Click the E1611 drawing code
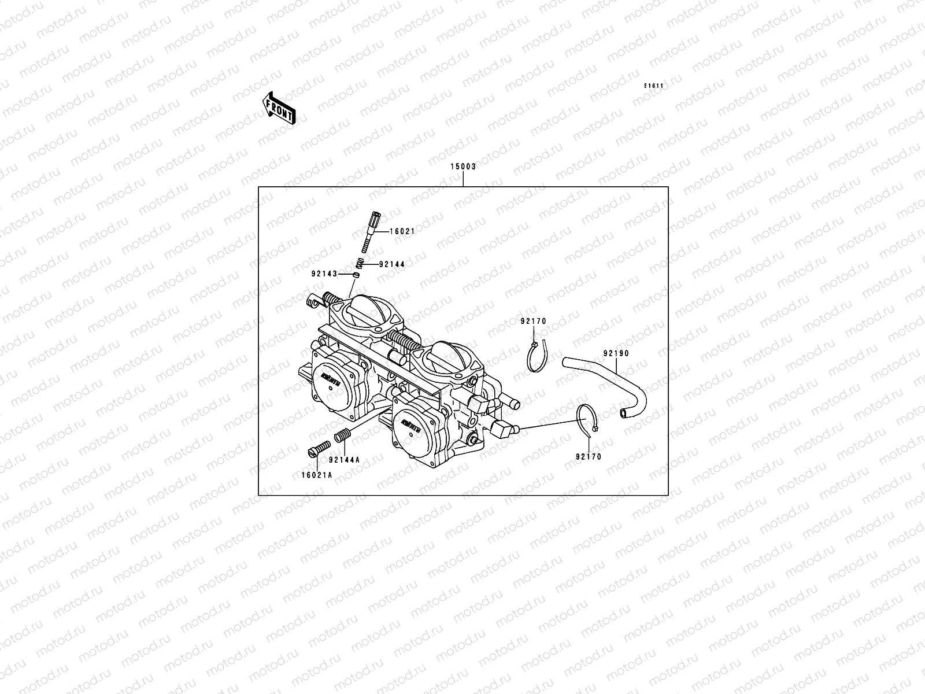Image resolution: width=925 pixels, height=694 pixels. [x=654, y=86]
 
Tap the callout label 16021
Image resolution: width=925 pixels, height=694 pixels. [x=402, y=231]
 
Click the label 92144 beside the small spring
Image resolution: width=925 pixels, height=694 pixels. [x=391, y=264]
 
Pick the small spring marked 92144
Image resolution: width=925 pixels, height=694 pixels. [x=359, y=264]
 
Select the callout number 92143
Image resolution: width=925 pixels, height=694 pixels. [x=324, y=274]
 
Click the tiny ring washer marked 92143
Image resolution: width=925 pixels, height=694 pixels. [x=357, y=275]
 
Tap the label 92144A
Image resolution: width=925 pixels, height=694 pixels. [x=344, y=460]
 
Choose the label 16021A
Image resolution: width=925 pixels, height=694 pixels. [x=316, y=475]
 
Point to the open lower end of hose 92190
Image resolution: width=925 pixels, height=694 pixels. [x=623, y=413]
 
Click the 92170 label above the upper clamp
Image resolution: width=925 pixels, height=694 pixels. [x=532, y=322]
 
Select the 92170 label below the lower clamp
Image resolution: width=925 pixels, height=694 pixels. [x=588, y=457]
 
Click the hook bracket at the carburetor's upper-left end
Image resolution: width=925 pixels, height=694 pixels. [x=312, y=301]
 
